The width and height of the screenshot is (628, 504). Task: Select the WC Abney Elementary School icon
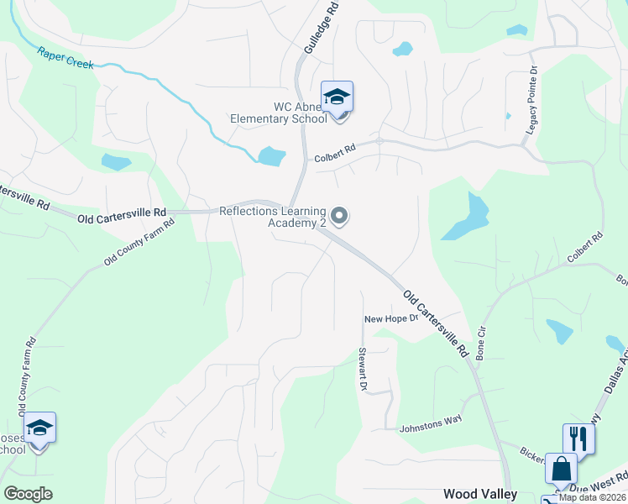click(337, 97)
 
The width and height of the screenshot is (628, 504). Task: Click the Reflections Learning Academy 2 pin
click(339, 217)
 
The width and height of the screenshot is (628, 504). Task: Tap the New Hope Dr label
click(390, 319)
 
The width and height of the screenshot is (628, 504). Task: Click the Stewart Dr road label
click(364, 369)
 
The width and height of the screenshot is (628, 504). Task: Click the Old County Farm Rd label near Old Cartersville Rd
click(139, 244)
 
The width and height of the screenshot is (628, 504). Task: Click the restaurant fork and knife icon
click(578, 438)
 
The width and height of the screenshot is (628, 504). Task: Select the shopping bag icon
click(560, 468)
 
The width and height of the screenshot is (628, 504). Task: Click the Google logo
click(28, 493)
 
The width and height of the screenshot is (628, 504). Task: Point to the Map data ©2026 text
click(593, 497)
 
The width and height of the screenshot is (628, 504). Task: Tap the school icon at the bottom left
click(39, 428)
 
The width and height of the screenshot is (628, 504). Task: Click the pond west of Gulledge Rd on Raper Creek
click(271, 155)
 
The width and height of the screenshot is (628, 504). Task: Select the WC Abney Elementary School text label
click(279, 113)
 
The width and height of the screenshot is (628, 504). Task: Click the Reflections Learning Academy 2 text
click(273, 217)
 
